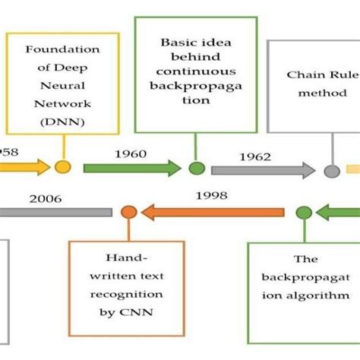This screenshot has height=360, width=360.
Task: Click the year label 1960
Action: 130,154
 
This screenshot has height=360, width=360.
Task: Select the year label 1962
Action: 256,157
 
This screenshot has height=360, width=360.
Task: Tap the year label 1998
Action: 211,196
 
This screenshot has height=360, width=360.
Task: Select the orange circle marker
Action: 129,211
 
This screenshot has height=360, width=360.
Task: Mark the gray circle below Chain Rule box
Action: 332,171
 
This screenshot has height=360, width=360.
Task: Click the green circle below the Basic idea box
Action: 197,168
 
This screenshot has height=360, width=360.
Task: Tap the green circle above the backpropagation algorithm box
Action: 304,212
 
